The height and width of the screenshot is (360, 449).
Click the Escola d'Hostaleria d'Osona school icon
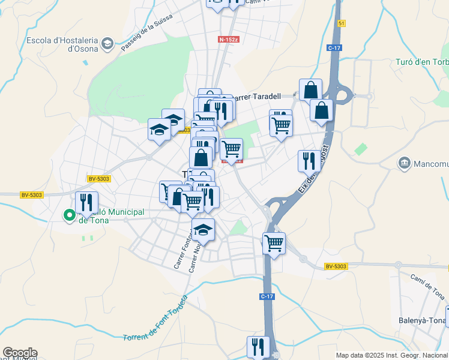pyautogui.click(x=107, y=43)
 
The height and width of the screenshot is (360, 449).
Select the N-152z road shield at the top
pyautogui.click(x=229, y=40)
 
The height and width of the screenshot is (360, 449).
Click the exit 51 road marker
pyautogui.click(x=342, y=23)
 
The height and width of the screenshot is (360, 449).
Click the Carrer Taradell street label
pyautogui.click(x=256, y=96)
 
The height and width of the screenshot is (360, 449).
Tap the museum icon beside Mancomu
pyautogui.click(x=405, y=163)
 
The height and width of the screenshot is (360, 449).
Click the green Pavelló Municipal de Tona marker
pyautogui.click(x=70, y=214)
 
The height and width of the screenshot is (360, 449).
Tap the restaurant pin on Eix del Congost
pyautogui.click(x=309, y=161)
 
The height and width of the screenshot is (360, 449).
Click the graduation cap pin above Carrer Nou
pyautogui.click(x=203, y=229)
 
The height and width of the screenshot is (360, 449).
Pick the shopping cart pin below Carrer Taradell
pyautogui.click(x=280, y=125)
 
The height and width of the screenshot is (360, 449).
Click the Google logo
pyautogui.click(x=19, y=353)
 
